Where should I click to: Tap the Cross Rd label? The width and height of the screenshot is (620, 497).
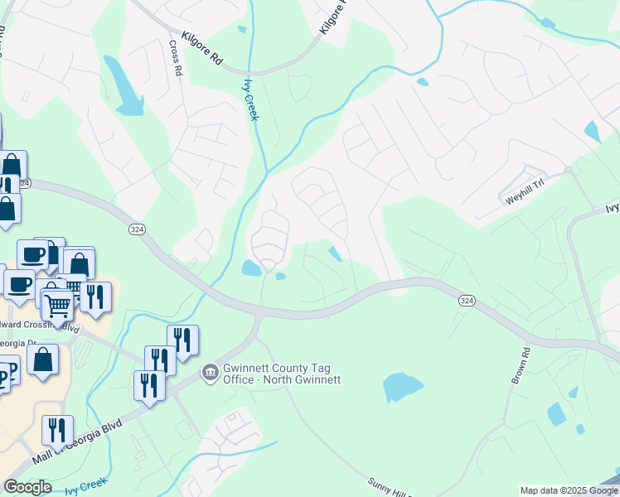click(x=175, y=59)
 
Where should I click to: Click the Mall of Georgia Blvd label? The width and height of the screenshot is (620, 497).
click(x=77, y=443)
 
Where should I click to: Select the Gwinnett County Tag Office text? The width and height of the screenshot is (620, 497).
click(x=280, y=374)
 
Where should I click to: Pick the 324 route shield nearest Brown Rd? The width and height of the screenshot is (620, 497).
click(x=465, y=302)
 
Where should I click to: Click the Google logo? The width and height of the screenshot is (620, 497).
click(x=27, y=487)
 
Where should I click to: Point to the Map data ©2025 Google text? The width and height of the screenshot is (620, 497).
click(x=568, y=490)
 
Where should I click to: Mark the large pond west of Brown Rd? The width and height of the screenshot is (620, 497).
click(x=402, y=387)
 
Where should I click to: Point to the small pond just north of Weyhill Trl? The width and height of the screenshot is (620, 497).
click(x=592, y=132)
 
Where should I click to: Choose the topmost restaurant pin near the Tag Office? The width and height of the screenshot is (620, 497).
click(x=183, y=340)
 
